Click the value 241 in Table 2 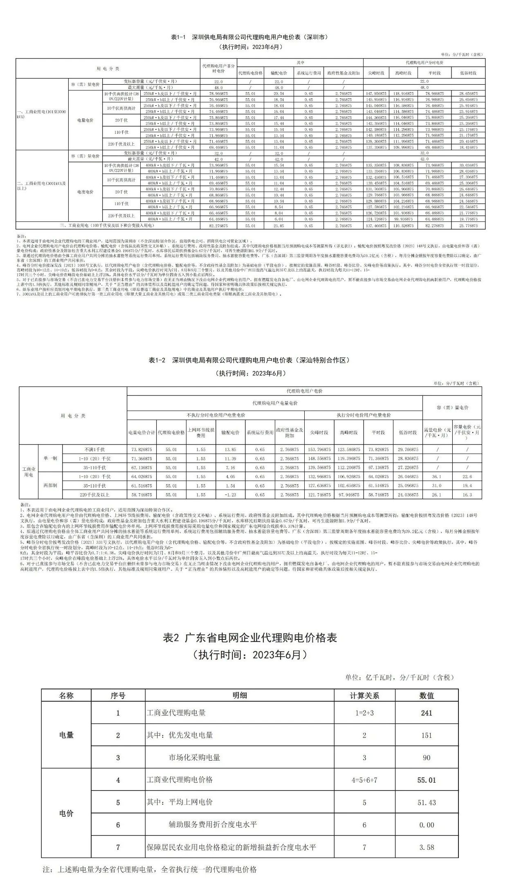tap(426, 713)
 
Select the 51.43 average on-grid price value tap(426, 802)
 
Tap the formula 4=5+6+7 tap(364, 780)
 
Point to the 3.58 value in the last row tap(426, 847)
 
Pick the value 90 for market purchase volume tap(426, 757)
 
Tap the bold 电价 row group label tap(66, 813)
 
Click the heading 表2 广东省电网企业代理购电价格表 tap(250, 638)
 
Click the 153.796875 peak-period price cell tap(319, 449)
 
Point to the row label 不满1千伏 tap(94, 449)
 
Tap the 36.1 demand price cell tap(437, 476)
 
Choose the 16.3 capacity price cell tap(467, 495)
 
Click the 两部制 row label tap(50, 486)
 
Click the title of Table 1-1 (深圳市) tap(250, 37)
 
